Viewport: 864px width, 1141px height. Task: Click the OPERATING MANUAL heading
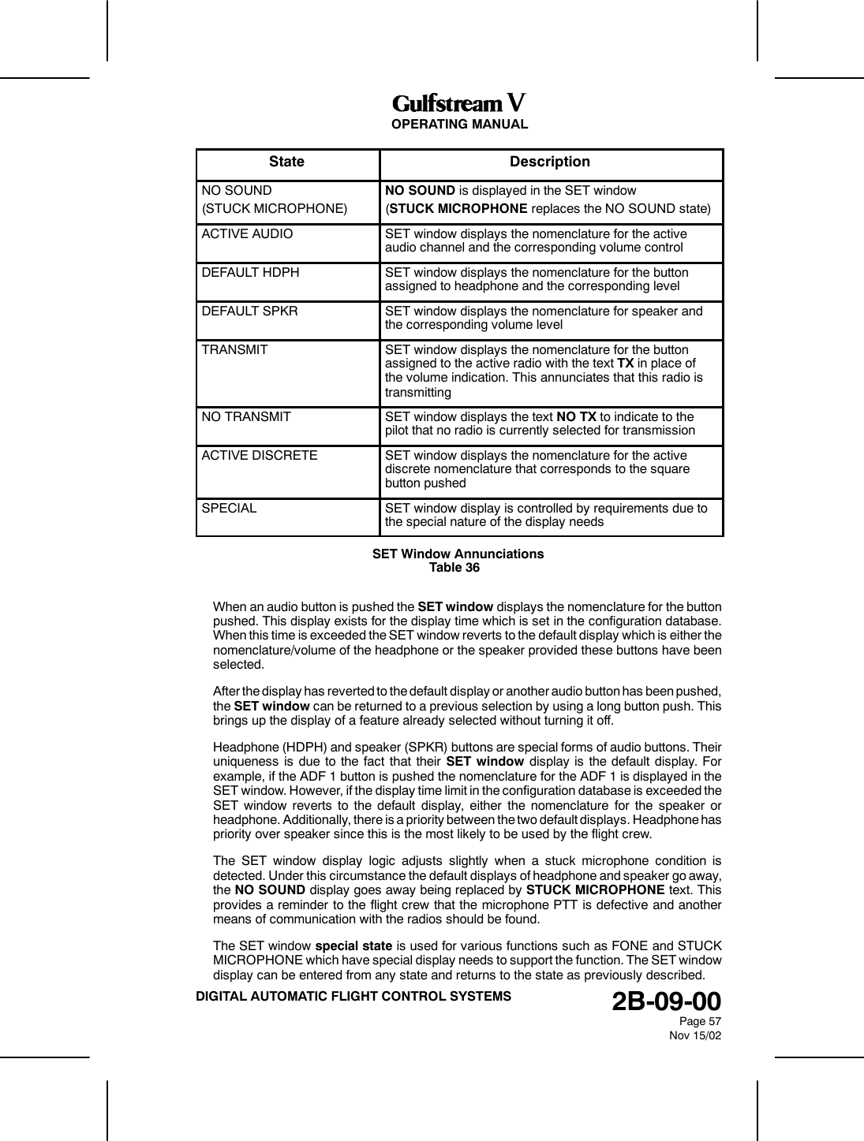(459, 125)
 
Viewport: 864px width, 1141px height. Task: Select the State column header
(286, 162)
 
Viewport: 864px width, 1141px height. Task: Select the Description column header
(550, 162)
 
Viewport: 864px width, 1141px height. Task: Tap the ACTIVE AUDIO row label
(247, 234)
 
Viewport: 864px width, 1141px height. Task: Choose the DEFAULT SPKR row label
(249, 311)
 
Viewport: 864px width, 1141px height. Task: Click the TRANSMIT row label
(234, 349)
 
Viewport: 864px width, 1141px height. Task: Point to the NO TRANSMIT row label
(246, 416)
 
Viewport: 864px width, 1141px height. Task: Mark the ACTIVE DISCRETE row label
(260, 456)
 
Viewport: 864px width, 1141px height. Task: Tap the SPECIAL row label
(229, 509)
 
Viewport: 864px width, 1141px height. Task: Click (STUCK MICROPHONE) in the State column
(274, 209)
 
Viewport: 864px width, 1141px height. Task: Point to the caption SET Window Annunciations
(458, 554)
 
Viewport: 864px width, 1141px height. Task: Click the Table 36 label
(454, 568)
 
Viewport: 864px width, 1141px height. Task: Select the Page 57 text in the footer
(701, 1021)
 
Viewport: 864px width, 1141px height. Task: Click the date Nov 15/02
(694, 1035)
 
